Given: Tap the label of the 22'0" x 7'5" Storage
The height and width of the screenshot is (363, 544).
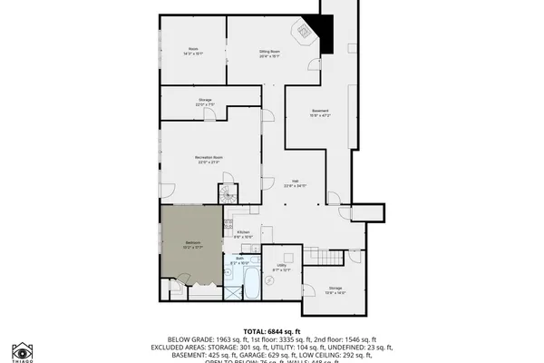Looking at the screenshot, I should click(x=205, y=102).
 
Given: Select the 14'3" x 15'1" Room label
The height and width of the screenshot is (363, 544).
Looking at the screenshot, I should click(x=194, y=51).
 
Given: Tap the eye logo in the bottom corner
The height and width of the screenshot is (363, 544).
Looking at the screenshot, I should click(x=21, y=350).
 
